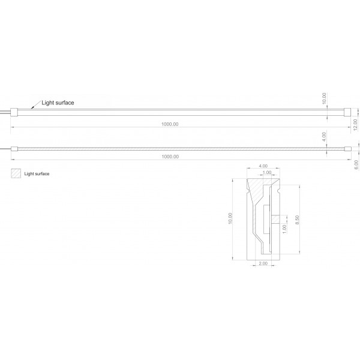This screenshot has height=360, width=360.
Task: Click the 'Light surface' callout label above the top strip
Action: [x=58, y=103]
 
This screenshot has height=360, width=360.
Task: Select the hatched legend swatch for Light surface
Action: [x=16, y=173]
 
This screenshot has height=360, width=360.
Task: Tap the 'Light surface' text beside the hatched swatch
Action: [x=37, y=174]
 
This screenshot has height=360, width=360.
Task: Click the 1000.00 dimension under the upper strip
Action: [x=170, y=124]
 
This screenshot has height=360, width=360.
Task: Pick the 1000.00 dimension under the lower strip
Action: [x=170, y=157]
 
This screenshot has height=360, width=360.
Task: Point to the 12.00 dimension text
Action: [x=355, y=125]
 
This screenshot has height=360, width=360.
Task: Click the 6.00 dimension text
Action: [x=356, y=165]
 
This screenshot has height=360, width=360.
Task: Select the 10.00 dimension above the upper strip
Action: [x=324, y=98]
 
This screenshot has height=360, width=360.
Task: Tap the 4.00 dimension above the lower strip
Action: [x=324, y=137]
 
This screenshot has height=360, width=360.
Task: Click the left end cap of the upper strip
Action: [x=14, y=112]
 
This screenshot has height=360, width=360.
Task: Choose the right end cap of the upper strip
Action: [x=347, y=112]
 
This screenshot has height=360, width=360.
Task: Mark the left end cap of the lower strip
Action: [x=14, y=149]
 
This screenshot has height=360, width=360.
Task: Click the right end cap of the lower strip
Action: [x=348, y=149]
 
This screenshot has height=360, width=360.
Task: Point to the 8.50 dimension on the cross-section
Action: [x=297, y=220]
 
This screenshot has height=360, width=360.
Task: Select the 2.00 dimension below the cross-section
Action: [x=263, y=263]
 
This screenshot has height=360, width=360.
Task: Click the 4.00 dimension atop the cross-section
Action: [x=263, y=166]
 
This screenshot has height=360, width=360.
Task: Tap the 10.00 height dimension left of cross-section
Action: [x=230, y=218]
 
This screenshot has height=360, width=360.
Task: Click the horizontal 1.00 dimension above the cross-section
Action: [x=267, y=172]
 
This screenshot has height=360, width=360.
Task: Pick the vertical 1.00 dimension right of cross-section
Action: [x=284, y=229]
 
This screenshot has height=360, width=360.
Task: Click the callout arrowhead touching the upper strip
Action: [x=32, y=107]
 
